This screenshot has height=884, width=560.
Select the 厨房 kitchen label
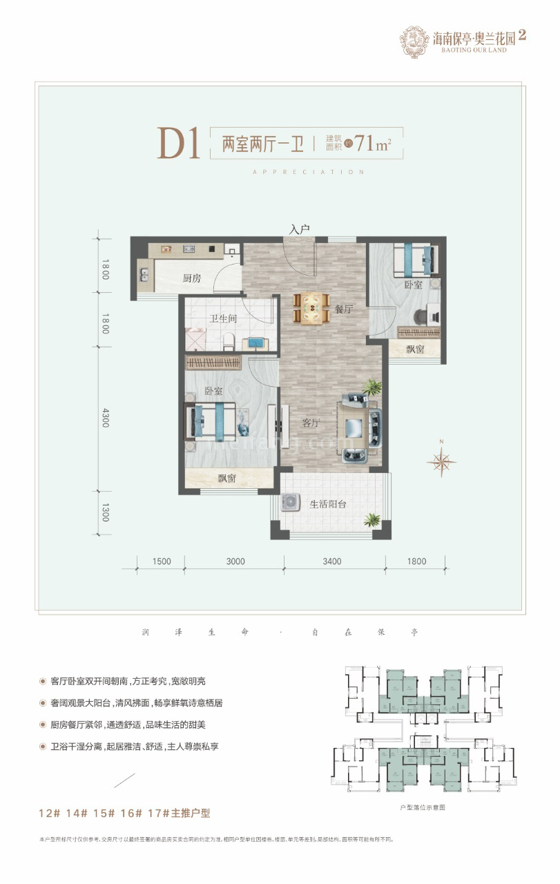(192, 278)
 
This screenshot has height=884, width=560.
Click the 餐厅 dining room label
(344, 310)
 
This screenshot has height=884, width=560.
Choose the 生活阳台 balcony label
(328, 504)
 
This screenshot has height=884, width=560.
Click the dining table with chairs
(311, 308)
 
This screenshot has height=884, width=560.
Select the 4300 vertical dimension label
(106, 419)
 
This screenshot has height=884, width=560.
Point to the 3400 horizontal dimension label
(332, 561)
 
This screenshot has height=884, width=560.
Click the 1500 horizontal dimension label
(161, 561)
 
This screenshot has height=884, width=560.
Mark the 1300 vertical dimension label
(106, 512)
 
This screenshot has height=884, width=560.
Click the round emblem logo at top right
(414, 41)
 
